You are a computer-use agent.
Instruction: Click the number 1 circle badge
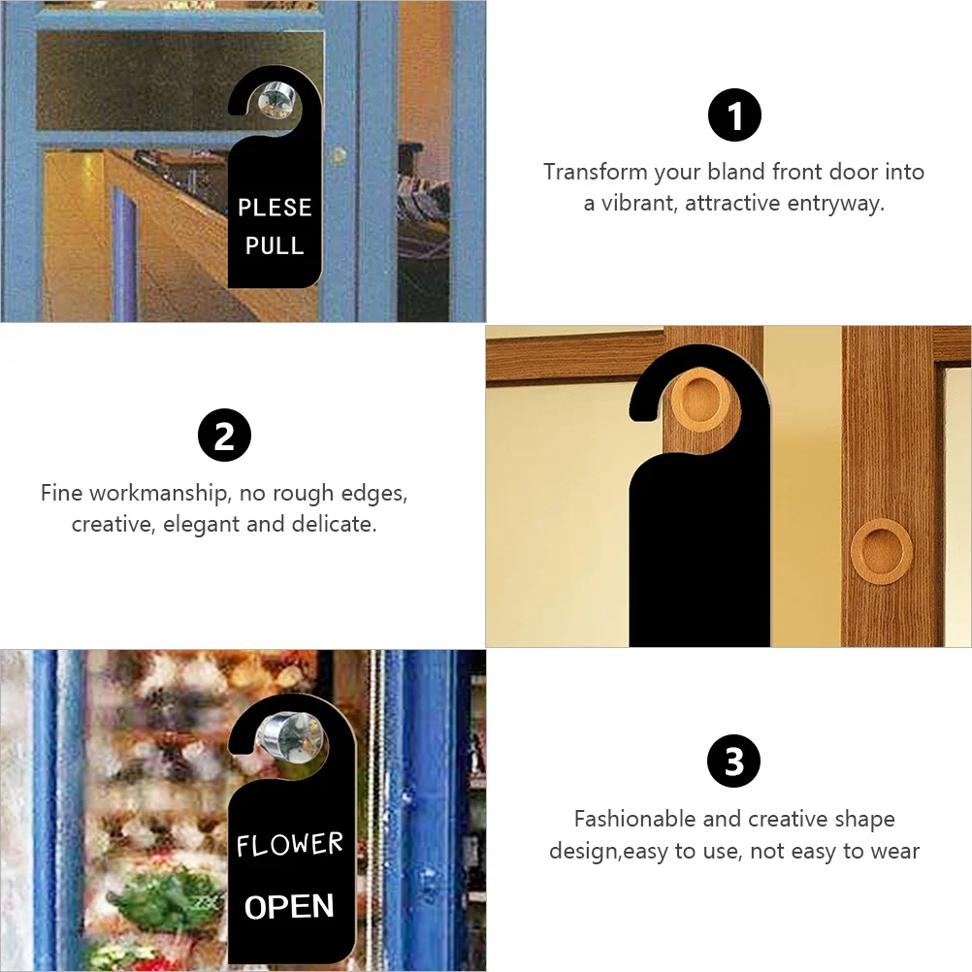coord(734,115)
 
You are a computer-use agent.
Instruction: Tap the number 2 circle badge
coord(224,436)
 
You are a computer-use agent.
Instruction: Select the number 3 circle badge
coord(733,761)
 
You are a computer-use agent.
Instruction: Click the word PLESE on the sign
coord(275,207)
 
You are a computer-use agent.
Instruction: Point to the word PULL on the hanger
coord(275,245)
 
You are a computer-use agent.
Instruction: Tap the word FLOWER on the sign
coord(289,845)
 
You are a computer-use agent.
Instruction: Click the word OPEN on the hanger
coord(289,907)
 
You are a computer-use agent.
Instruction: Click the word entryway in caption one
coord(835,204)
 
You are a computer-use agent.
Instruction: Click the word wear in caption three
coord(894,851)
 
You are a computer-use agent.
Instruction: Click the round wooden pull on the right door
coord(881,551)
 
